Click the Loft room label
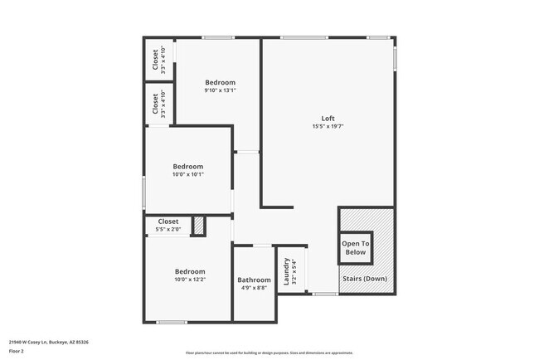[x=328, y=118]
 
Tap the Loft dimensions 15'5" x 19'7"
[x=328, y=127]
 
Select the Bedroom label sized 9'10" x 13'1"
[x=221, y=82]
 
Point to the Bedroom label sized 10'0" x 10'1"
[x=187, y=165]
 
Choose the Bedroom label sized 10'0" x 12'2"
[x=190, y=271]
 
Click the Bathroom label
[x=254, y=280]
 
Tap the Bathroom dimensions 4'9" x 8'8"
[x=254, y=288]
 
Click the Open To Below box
[x=356, y=247]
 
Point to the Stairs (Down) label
[x=365, y=279]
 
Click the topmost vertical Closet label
[x=155, y=60]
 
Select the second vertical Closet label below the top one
[x=155, y=105]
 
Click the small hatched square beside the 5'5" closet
[x=198, y=225]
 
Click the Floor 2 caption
[x=17, y=351]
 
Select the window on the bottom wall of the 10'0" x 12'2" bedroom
[x=172, y=322]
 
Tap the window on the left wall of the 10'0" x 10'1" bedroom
[x=144, y=192]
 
